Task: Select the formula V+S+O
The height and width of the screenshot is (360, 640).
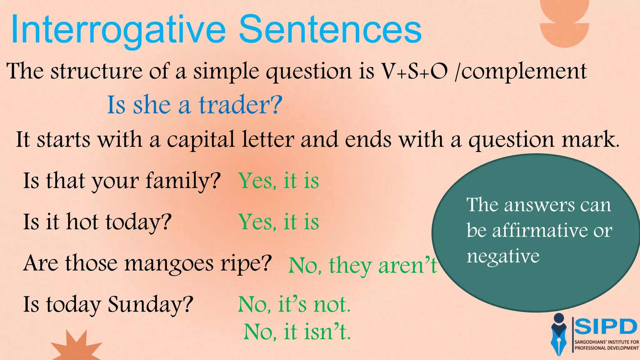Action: tap(414, 71)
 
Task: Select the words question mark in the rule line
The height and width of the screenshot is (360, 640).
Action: tap(543, 140)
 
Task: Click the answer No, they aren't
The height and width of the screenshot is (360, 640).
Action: tap(362, 266)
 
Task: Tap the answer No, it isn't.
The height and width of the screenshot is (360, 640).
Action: tap(297, 332)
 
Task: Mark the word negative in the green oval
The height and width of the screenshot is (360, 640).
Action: tap(503, 256)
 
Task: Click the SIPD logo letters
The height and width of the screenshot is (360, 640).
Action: tap(606, 327)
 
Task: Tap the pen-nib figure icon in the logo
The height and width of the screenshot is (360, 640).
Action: tap(559, 334)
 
